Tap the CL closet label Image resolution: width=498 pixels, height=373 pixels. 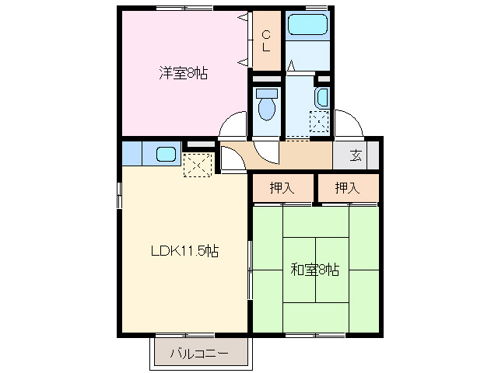coord(265,40)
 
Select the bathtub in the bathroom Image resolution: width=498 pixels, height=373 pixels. coord(307,26)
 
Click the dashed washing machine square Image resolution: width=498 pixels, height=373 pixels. coord(320,123)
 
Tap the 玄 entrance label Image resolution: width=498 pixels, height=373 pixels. coord(356,155)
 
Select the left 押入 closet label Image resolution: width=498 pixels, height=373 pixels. coord(281,187)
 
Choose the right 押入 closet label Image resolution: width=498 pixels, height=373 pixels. coord(347,187)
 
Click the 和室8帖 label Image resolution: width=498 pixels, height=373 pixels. coord(314,270)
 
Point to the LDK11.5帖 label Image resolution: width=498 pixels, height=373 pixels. coord(184,251)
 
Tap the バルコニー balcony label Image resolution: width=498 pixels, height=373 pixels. coord(200,354)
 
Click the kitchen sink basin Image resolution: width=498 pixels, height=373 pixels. coord(165,153)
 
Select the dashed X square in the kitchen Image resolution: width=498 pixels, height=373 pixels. coord(197,165)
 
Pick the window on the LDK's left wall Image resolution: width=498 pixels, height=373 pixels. coord(119,194)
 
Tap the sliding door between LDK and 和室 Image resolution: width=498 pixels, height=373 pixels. coord(251,268)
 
